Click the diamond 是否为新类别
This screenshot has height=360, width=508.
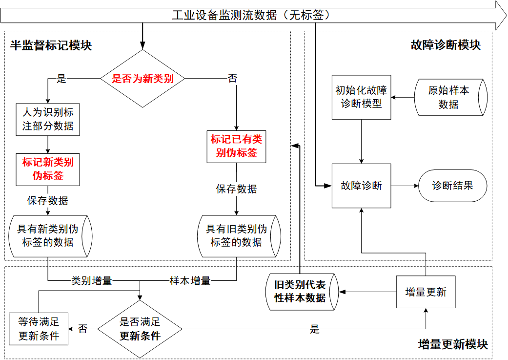(x=142, y=79)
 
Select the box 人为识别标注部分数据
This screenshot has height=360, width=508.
(x=48, y=119)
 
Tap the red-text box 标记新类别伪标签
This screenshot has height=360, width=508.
(x=48, y=169)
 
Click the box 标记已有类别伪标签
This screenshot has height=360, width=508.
(x=237, y=146)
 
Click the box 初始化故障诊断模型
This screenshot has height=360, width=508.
(x=361, y=97)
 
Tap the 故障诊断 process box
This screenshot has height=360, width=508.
(x=361, y=186)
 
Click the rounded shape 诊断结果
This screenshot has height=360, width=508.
(x=452, y=186)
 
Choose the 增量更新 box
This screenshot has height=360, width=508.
(x=426, y=292)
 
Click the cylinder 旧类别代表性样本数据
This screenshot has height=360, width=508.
(x=301, y=292)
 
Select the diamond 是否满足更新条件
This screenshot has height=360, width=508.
(x=140, y=329)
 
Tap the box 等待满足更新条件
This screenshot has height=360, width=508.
(x=39, y=329)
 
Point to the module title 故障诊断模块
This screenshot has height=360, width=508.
(x=446, y=45)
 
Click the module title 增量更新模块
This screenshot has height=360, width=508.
(x=453, y=344)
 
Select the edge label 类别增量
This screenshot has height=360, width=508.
(x=92, y=281)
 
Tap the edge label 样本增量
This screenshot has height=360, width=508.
(x=190, y=281)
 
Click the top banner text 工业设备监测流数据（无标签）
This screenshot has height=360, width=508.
(x=251, y=15)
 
